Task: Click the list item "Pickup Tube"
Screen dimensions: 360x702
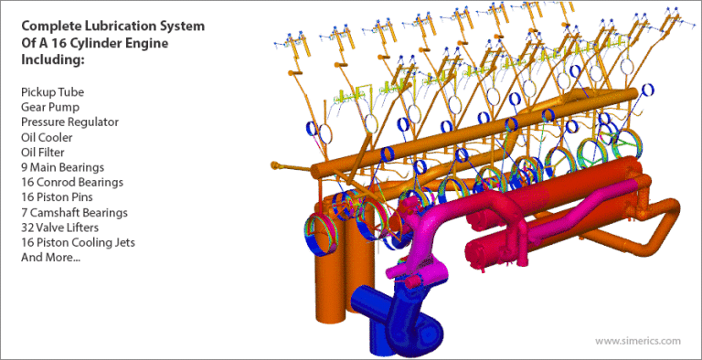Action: [x=52, y=91]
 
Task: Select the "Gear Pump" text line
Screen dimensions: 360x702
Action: [x=50, y=107]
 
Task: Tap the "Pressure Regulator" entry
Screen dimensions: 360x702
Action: [x=69, y=122]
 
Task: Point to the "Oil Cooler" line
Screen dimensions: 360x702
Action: [x=48, y=137]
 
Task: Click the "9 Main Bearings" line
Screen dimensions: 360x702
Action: [x=62, y=167]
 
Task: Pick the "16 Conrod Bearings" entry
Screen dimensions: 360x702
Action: [x=71, y=182]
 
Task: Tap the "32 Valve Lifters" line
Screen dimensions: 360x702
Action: [x=62, y=228]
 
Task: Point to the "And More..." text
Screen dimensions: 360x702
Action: [x=50, y=258]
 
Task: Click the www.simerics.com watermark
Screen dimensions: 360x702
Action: [x=637, y=341]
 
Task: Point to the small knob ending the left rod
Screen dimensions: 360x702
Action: [x=273, y=165]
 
